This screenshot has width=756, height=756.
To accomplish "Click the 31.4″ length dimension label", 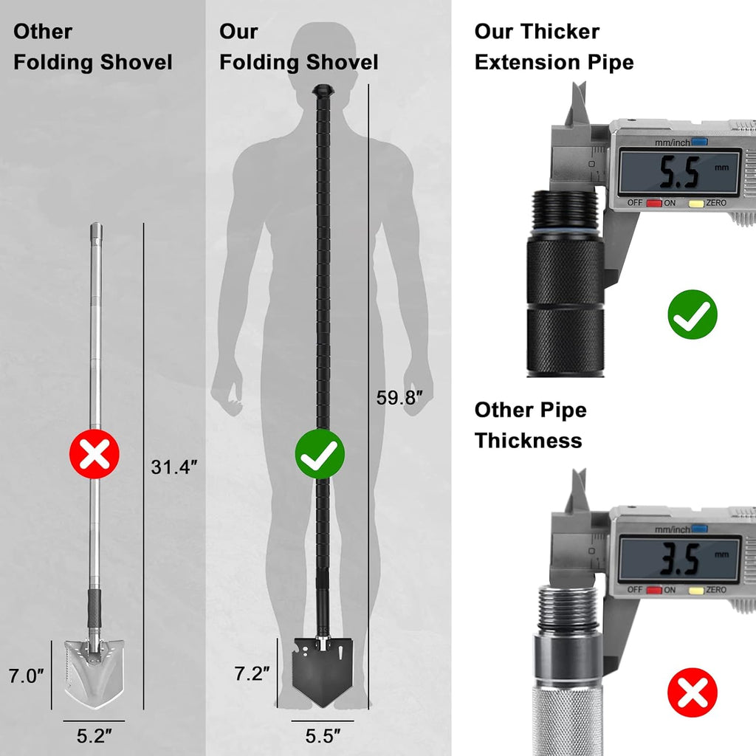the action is click(x=174, y=467).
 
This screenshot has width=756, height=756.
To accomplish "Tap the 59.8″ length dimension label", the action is click(x=399, y=398).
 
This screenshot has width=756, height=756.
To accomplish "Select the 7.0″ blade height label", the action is click(x=26, y=676).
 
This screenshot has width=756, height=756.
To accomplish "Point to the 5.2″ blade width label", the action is click(x=94, y=736).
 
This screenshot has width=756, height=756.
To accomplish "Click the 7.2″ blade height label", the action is click(x=252, y=673).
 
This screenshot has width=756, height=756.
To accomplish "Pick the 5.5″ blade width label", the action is click(x=323, y=736).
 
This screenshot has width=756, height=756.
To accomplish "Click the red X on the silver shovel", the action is click(x=94, y=454).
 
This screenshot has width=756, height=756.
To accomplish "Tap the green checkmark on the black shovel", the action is click(x=320, y=454).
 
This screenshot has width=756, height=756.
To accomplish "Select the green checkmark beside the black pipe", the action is click(x=693, y=315).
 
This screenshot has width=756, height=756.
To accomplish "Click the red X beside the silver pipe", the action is click(x=693, y=693).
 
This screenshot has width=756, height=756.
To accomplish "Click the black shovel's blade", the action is click(x=323, y=672).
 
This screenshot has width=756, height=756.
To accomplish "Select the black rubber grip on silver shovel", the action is click(x=94, y=608).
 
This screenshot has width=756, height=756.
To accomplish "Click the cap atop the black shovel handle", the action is click(x=323, y=90).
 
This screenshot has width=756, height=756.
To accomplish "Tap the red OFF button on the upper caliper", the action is click(x=654, y=203).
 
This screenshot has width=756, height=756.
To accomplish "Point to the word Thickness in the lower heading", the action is click(x=529, y=440).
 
